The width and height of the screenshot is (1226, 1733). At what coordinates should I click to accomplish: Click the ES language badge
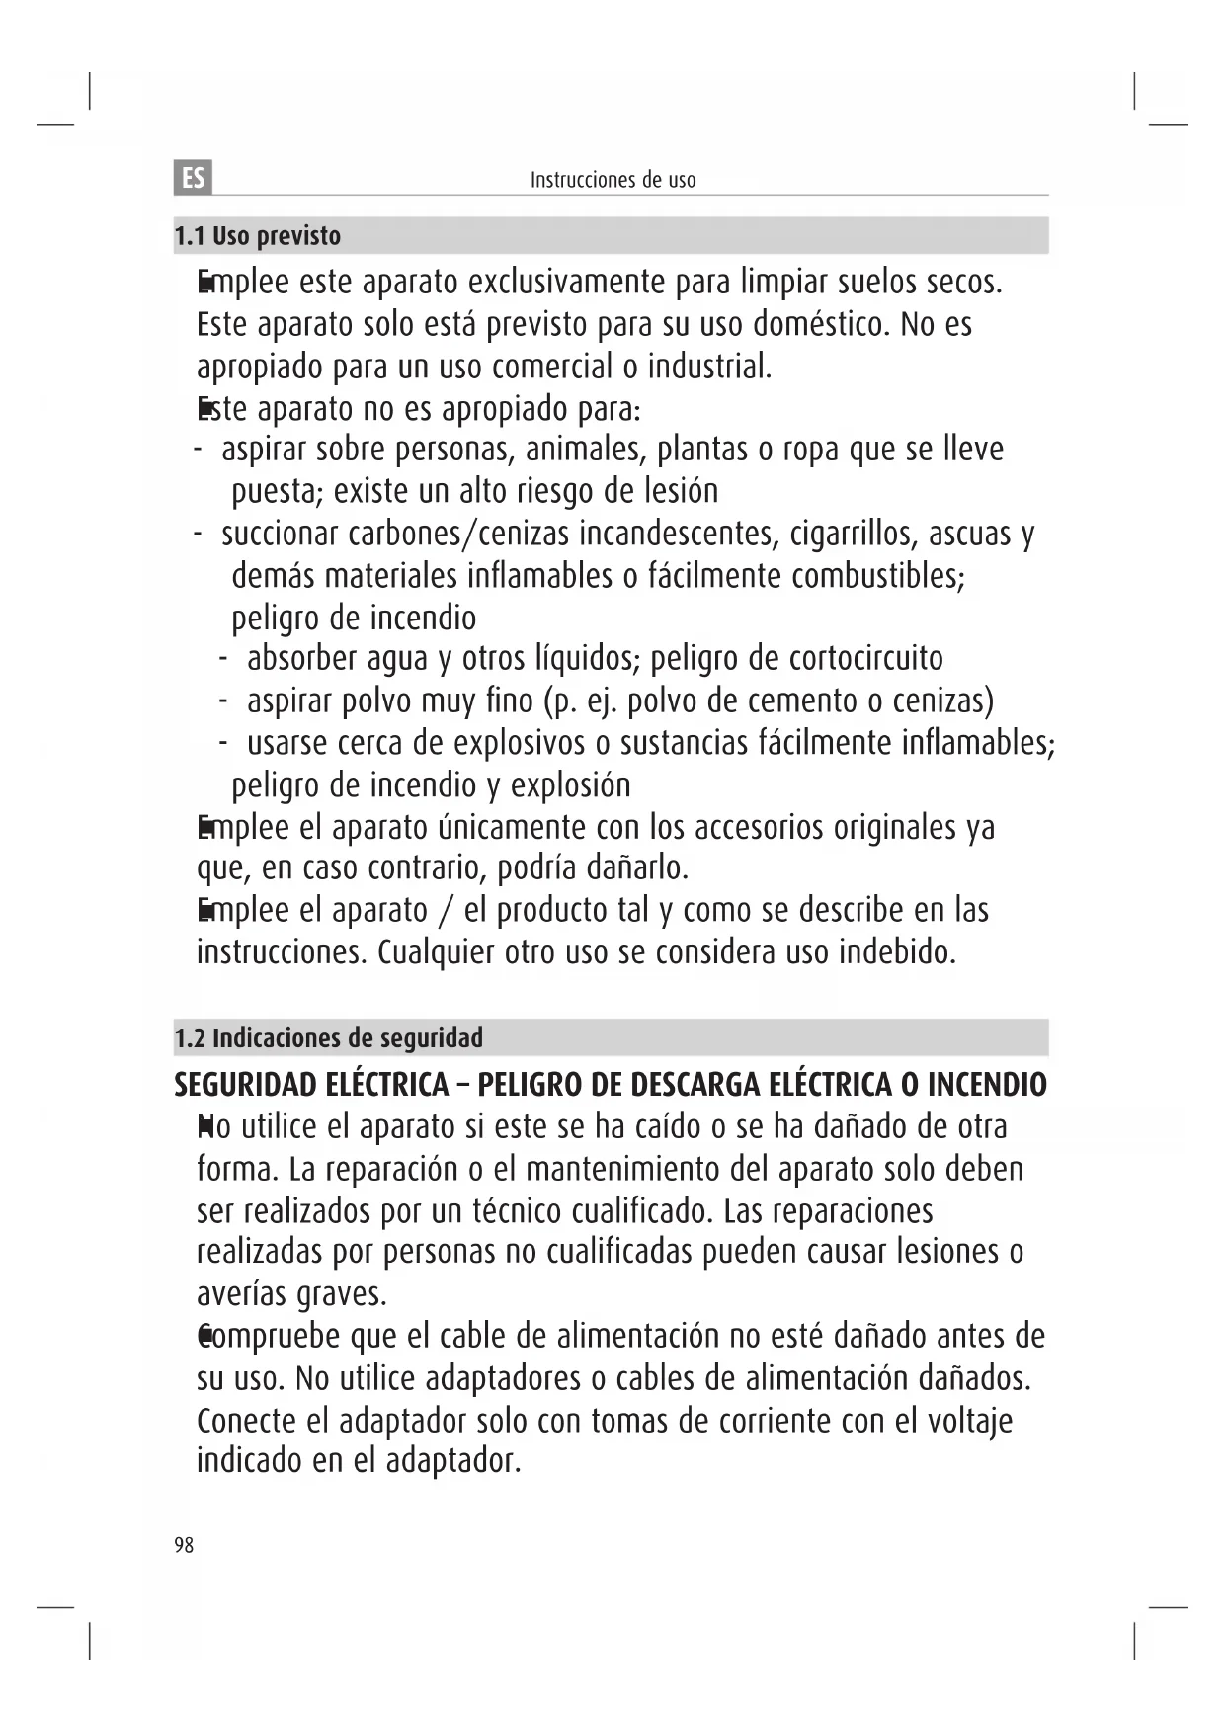click(195, 178)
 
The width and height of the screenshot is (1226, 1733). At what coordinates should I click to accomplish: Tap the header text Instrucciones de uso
click(613, 180)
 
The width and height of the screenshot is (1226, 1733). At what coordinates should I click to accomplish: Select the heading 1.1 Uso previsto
click(257, 236)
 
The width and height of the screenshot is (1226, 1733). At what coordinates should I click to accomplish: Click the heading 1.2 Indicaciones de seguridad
click(328, 1038)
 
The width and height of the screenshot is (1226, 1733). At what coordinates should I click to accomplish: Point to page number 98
click(184, 1545)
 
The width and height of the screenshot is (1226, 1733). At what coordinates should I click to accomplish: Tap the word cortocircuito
click(866, 658)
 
